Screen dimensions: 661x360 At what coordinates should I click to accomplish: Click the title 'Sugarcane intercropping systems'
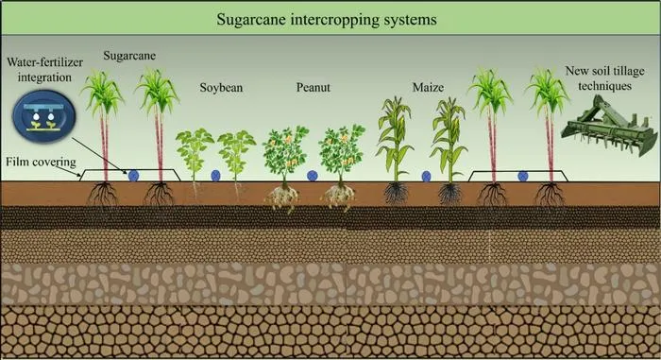(327, 20)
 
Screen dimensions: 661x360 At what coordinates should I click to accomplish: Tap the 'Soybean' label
(221, 88)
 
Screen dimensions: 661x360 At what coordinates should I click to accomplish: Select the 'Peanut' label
(314, 87)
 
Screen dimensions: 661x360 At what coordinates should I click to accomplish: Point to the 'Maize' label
(428, 87)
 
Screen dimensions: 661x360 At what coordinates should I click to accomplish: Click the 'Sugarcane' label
(129, 56)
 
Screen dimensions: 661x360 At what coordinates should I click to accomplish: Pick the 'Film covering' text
(41, 163)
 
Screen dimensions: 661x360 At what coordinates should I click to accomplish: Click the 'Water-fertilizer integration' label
(44, 70)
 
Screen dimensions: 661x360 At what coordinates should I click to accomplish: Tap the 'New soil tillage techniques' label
(604, 78)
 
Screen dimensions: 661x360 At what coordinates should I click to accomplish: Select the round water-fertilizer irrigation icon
(43, 115)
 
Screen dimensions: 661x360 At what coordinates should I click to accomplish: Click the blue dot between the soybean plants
(215, 176)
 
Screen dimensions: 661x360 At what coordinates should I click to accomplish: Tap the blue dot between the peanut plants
(313, 176)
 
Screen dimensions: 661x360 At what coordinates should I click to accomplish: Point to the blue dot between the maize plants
(426, 176)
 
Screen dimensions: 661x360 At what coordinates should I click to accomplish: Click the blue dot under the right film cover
(523, 176)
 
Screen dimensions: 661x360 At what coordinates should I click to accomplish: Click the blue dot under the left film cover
(133, 176)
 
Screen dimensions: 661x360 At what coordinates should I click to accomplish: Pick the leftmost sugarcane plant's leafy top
(102, 93)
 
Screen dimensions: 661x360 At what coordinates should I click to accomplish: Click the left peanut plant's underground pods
(282, 197)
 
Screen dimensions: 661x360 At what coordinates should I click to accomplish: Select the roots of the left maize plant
(396, 193)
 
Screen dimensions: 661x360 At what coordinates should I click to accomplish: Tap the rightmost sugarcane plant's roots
(550, 195)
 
